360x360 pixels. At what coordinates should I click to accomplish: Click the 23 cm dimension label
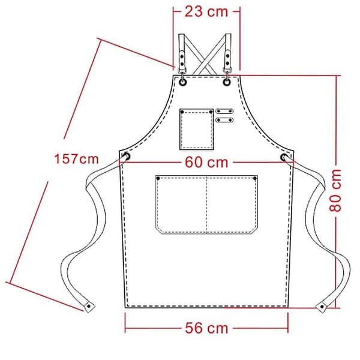(206, 11)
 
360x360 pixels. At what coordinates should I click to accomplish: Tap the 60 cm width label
(206, 163)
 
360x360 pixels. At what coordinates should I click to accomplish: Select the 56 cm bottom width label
(206, 328)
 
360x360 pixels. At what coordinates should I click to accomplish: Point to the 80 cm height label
(335, 191)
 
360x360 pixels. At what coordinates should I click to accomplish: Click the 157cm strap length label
(76, 159)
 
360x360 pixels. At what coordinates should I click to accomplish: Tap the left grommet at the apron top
(183, 82)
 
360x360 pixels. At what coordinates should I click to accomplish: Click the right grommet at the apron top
(227, 82)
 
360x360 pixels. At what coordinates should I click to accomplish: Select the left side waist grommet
(127, 157)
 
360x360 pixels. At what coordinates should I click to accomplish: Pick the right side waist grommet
(284, 157)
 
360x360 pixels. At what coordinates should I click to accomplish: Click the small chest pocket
(197, 129)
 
